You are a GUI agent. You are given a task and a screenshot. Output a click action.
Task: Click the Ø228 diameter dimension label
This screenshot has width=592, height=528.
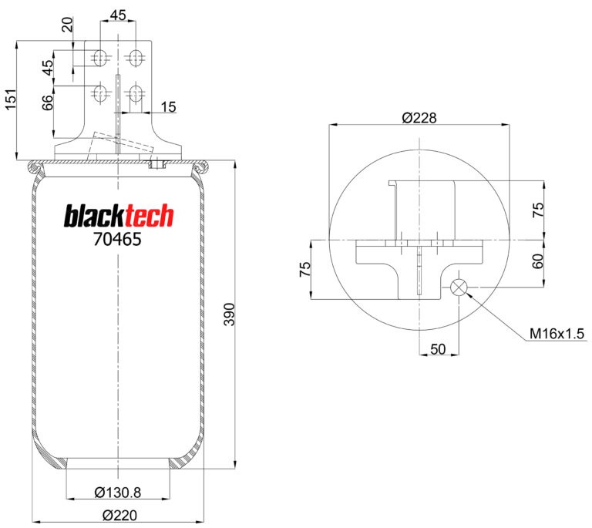(419, 118)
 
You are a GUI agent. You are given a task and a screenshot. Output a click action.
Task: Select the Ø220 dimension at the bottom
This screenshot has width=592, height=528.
(118, 515)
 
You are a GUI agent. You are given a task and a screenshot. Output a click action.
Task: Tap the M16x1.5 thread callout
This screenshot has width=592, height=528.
(557, 334)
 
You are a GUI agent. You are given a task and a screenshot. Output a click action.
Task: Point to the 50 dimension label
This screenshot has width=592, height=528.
(438, 349)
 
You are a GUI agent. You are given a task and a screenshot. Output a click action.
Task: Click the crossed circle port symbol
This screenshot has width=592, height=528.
(459, 288)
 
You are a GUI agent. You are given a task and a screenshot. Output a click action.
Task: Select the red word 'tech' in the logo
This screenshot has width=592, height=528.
(146, 217)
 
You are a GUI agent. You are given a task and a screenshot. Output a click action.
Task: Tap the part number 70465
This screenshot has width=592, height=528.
(117, 239)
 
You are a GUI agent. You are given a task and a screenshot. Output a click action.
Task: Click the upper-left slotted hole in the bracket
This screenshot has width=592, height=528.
(99, 56)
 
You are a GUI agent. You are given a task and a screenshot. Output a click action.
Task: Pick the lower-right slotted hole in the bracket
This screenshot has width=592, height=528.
(136, 94)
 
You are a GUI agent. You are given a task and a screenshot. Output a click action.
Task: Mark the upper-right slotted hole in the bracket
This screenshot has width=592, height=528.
(136, 56)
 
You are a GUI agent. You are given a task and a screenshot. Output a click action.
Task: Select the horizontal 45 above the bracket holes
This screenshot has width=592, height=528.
(118, 14)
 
